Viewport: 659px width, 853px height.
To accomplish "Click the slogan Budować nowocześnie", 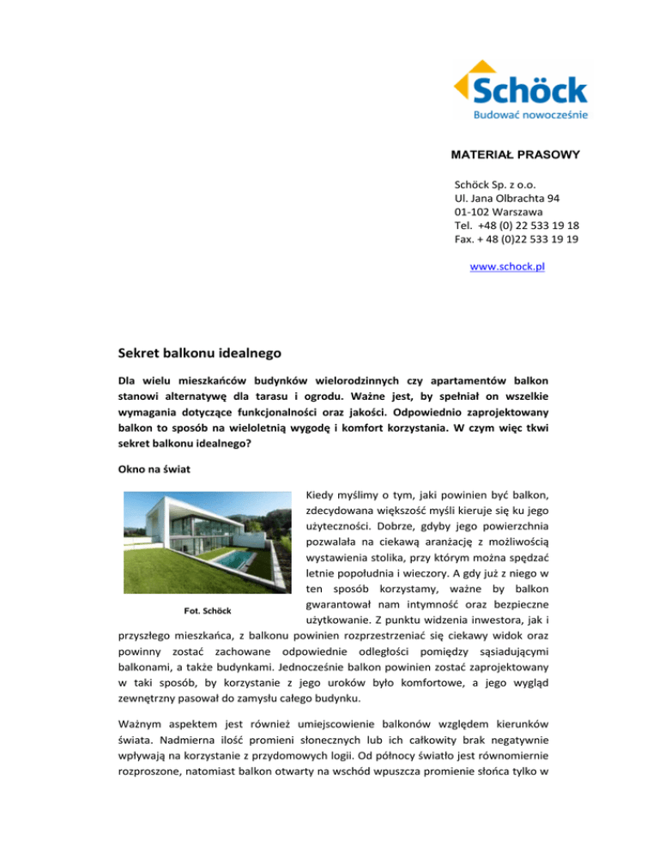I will pos(530,112).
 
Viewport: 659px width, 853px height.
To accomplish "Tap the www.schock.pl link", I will pos(509,267).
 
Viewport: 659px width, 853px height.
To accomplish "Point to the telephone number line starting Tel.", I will pos(516,226).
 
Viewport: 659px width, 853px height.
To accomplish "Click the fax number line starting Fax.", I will pos(516,239).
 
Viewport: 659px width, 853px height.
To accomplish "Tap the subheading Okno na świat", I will pos(157,470).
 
